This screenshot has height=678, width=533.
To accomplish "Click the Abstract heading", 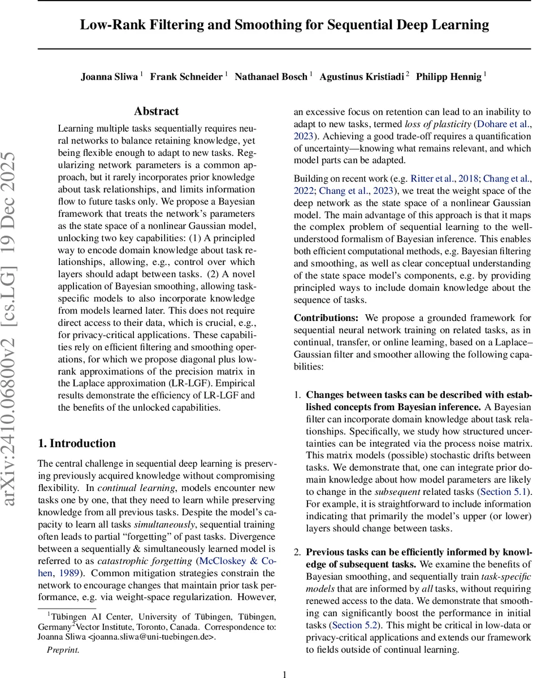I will click(156, 111).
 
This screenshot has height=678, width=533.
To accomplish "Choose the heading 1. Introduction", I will click(76, 443).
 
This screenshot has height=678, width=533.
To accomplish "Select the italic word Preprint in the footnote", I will click(63, 650).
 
